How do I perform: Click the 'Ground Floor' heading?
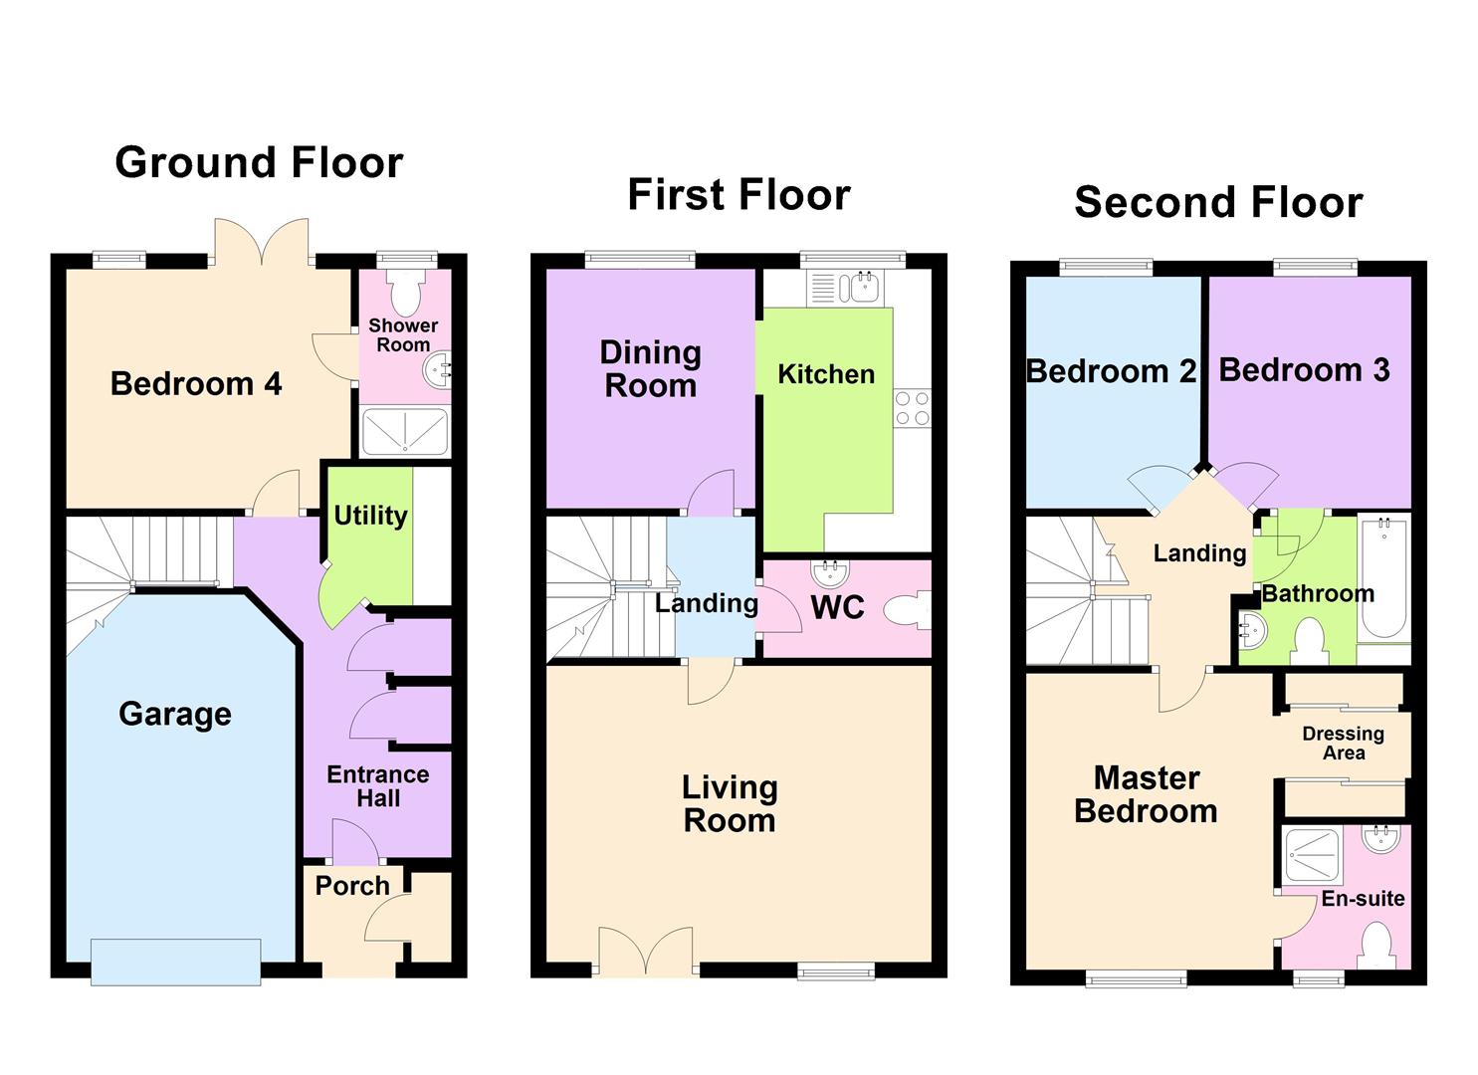[x=259, y=162]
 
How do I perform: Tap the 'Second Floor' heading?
[x=1218, y=202]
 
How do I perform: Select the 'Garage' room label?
[x=175, y=714]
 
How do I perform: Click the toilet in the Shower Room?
[x=405, y=292]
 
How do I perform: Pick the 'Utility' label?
[x=370, y=516]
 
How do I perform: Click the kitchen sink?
[x=858, y=288]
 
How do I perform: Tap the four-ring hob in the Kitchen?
[x=912, y=408]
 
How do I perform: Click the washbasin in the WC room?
[x=829, y=574]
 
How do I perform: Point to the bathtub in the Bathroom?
[x=1383, y=577]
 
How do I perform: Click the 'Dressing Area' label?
[x=1343, y=744]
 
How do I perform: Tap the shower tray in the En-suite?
[x=1314, y=854]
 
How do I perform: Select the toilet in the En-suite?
[x=1375, y=946]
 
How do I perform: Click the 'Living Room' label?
[x=730, y=803]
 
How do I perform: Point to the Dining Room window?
[x=640, y=261]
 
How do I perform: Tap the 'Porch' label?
[x=352, y=886]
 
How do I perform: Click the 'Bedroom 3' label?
[x=1304, y=370]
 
